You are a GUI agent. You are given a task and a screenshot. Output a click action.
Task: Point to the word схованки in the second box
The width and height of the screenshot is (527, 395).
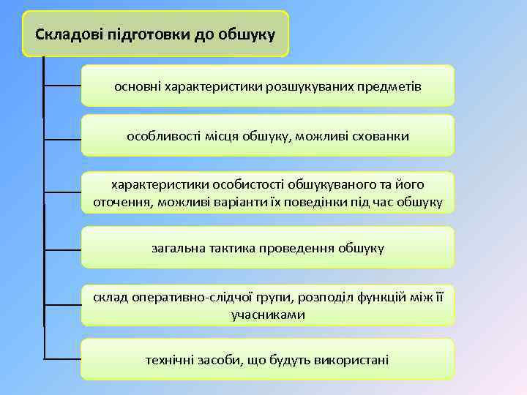pos(376,136)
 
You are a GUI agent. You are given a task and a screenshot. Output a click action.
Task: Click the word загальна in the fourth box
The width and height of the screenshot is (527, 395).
pos(179,248)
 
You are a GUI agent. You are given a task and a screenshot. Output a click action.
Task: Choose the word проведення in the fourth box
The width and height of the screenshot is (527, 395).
pos(299,248)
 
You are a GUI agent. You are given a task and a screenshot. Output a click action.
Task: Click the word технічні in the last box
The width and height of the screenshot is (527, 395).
pos(171,359)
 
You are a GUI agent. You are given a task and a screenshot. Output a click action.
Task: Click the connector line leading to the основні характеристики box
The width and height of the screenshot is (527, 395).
pos(63,86)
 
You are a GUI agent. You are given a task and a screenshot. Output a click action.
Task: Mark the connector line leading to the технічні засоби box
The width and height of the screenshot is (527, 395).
pos(63,359)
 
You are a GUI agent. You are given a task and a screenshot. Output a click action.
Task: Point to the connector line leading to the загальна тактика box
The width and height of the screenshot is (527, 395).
pos(63,248)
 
